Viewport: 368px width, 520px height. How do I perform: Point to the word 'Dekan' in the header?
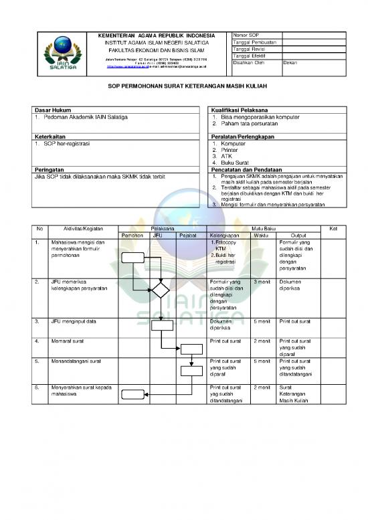(x=290, y=63)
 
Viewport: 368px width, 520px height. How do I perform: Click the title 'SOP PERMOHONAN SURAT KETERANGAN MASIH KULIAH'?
(x=184, y=87)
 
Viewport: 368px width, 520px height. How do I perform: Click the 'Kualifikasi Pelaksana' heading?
(x=239, y=109)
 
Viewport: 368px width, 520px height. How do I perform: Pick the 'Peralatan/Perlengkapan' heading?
(x=242, y=136)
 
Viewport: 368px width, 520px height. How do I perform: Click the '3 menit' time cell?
(x=262, y=282)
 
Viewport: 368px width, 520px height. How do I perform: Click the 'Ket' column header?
(x=334, y=229)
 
